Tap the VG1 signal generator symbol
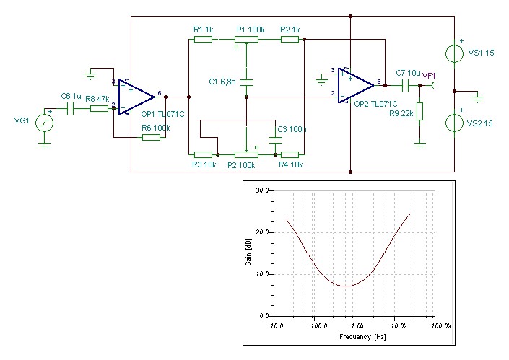[45, 123]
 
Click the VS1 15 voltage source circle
[454, 53]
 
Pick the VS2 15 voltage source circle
[454, 122]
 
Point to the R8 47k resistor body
[99, 109]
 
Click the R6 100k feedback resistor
[151, 136]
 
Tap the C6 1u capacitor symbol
[71, 109]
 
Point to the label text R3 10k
[204, 164]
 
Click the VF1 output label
[428, 74]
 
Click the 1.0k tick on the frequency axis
[353, 326]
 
